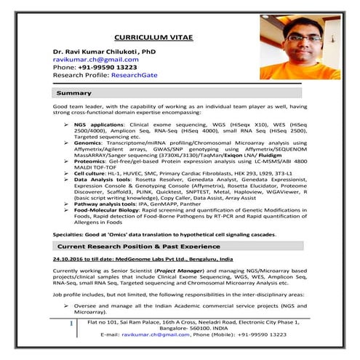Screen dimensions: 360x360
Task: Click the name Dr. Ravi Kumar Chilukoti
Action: point(104,53)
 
